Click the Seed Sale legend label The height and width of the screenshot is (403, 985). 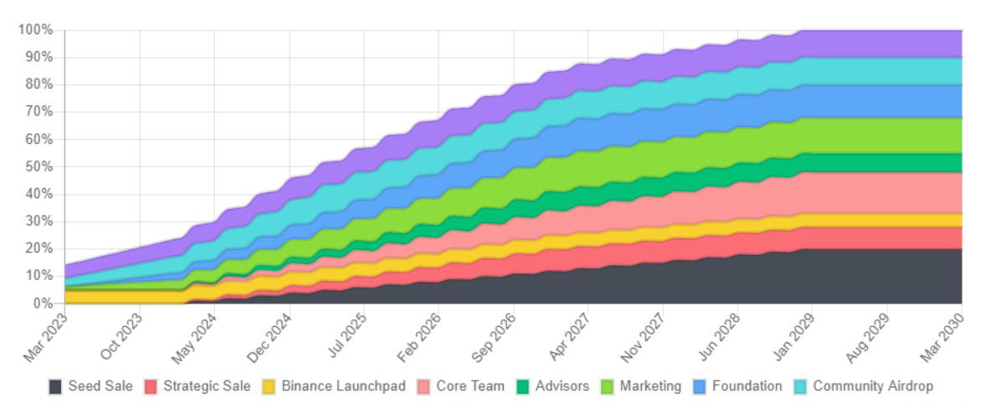click(x=100, y=386)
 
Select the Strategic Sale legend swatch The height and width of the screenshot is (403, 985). click(x=151, y=386)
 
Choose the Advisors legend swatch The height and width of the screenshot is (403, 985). click(x=523, y=386)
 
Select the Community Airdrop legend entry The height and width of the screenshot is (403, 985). click(x=873, y=386)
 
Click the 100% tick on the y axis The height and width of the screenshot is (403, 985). click(x=36, y=30)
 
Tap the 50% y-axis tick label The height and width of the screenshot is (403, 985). click(x=39, y=166)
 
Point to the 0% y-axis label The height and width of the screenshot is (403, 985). click(x=43, y=303)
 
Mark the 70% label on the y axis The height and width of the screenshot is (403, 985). click(x=39, y=112)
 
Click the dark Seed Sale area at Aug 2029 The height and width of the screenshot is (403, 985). click(x=887, y=276)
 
